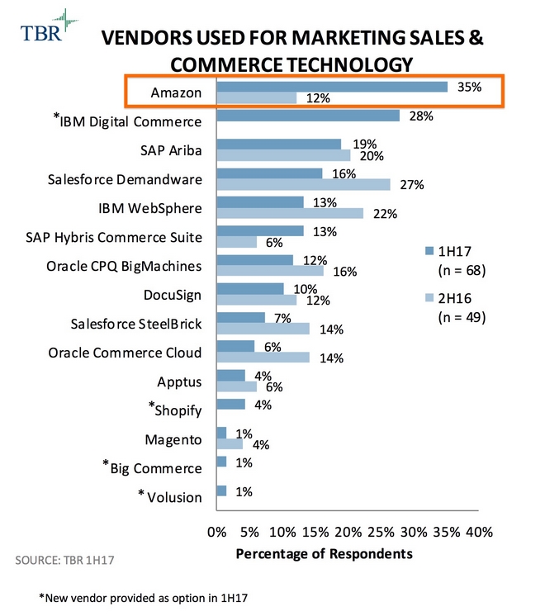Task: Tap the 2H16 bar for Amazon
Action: (x=257, y=99)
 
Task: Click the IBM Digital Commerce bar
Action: (x=308, y=116)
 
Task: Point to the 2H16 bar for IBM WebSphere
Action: (x=290, y=214)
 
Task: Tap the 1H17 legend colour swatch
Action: (x=427, y=250)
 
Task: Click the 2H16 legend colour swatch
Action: (x=427, y=297)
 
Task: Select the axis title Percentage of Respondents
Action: (x=324, y=553)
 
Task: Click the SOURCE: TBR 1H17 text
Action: (x=64, y=561)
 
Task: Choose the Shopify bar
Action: (x=230, y=404)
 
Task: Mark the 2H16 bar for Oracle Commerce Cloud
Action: (x=263, y=358)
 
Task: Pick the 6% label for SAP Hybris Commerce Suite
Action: (x=273, y=243)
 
